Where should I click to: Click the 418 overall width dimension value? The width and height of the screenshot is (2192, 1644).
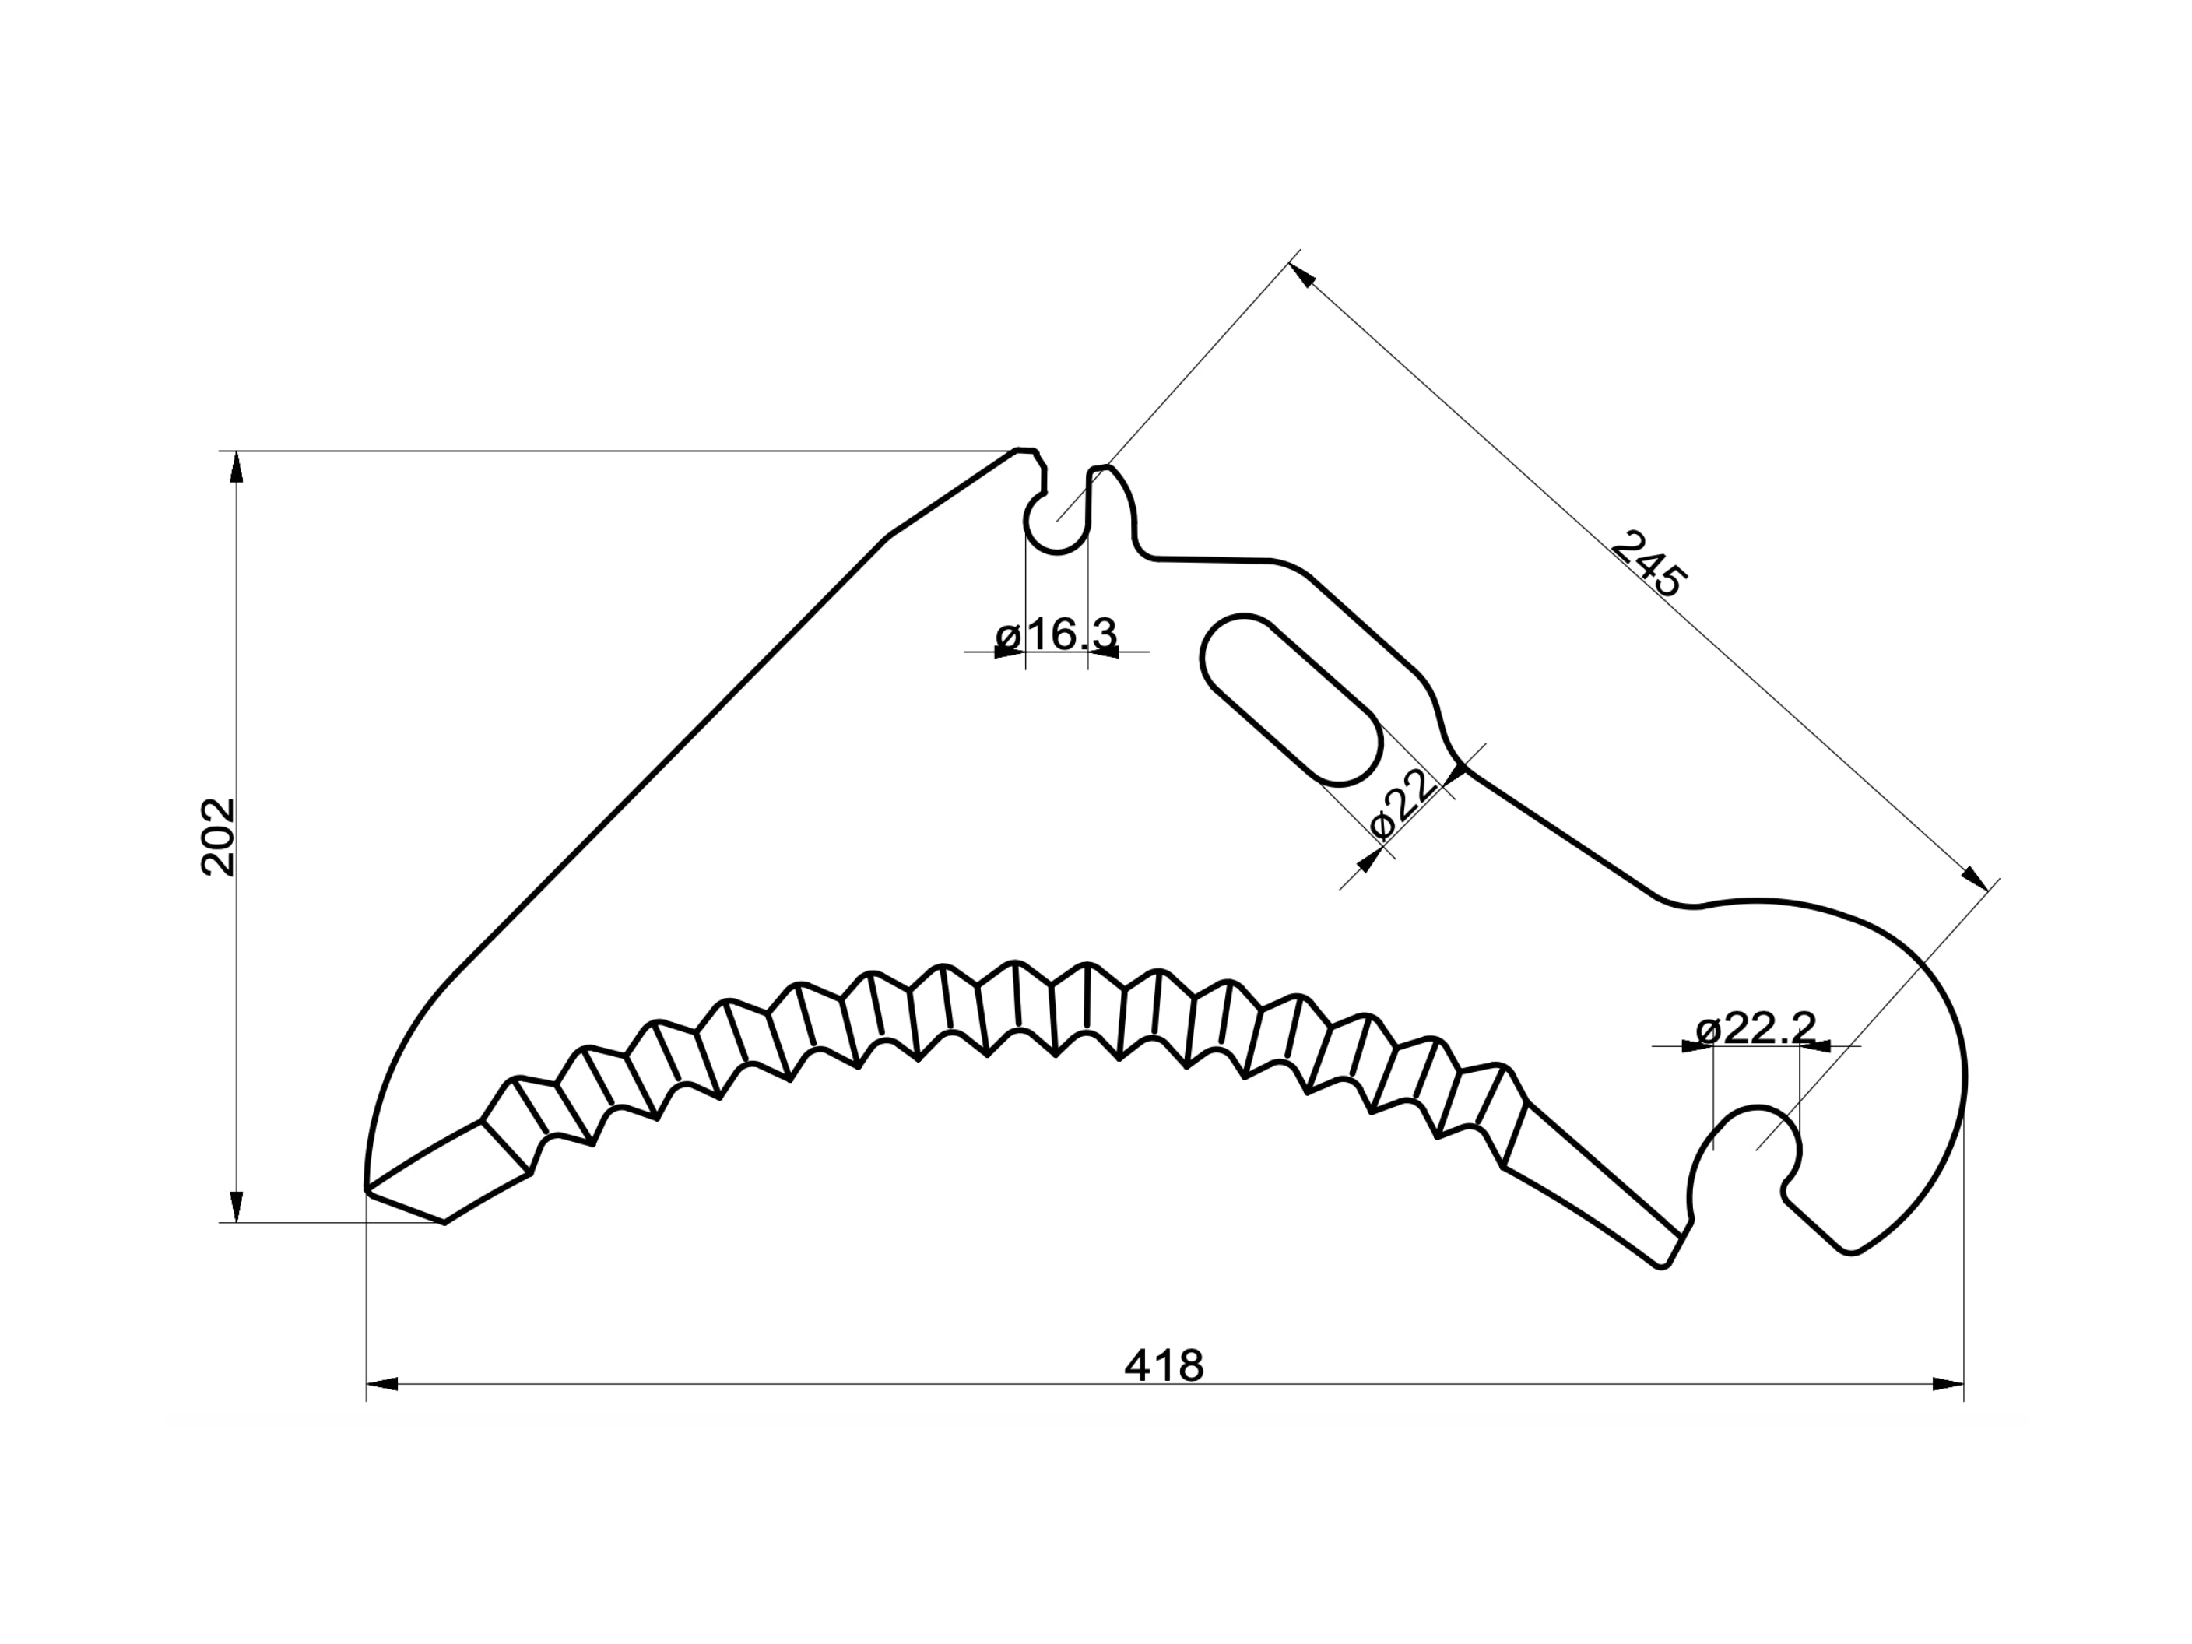pyautogui.click(x=1164, y=1365)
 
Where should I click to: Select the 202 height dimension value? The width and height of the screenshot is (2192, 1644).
pyautogui.click(x=218, y=838)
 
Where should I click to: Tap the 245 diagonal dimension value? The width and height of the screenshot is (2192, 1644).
pyautogui.click(x=1646, y=564)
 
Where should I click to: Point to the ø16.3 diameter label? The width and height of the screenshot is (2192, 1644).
pyautogui.click(x=1056, y=634)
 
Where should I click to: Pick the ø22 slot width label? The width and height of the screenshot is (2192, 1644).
pyautogui.click(x=1401, y=803)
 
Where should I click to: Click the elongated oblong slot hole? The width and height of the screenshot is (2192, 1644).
pyautogui.click(x=1291, y=700)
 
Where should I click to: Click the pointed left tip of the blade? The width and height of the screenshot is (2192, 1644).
pyautogui.click(x=367, y=1188)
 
